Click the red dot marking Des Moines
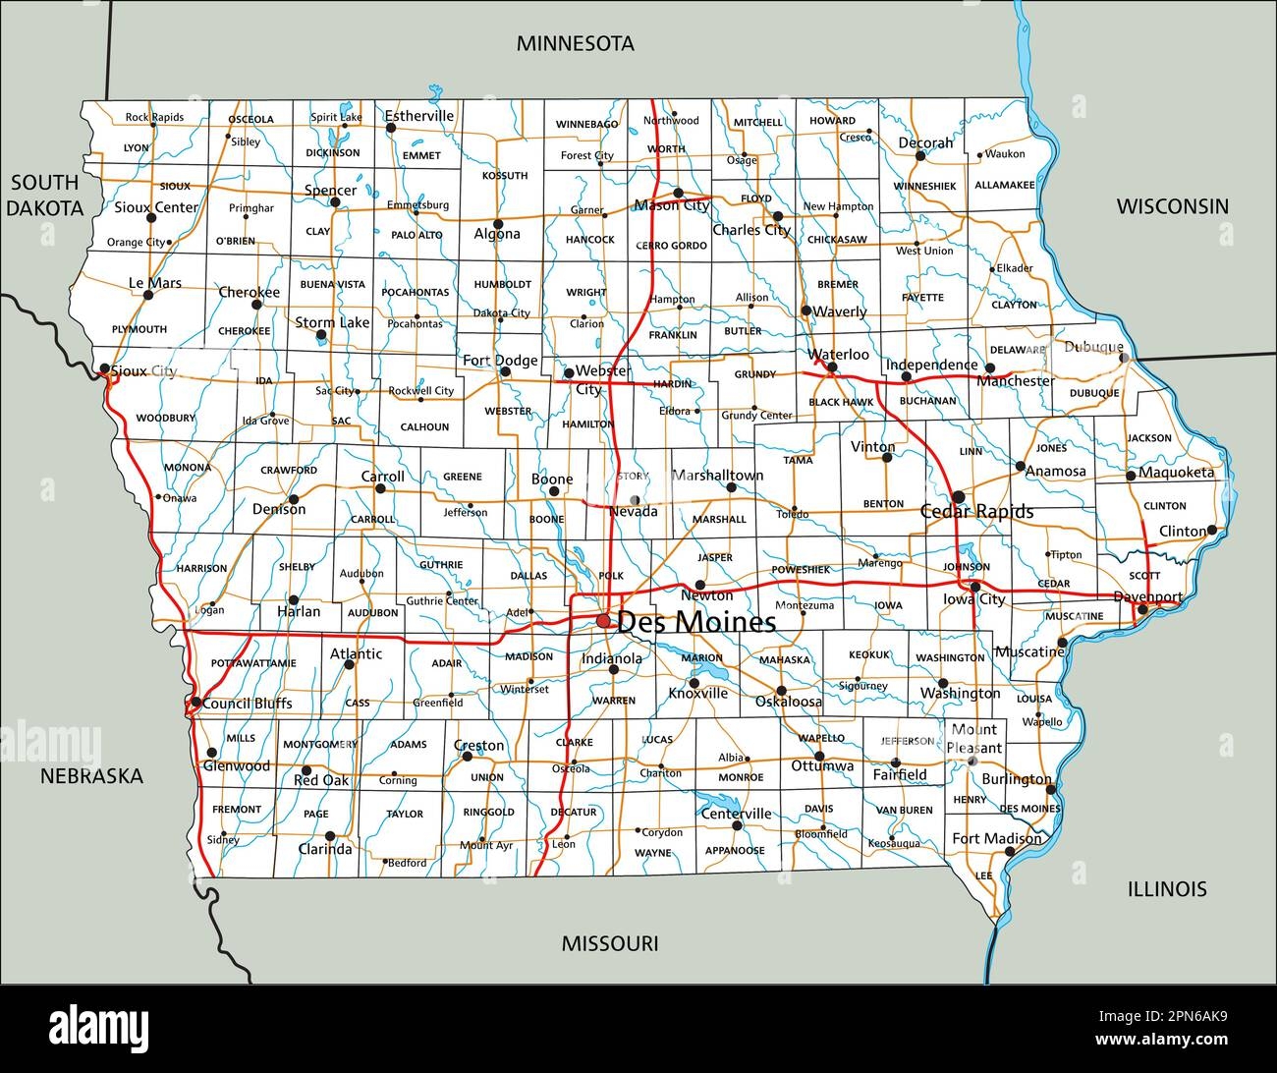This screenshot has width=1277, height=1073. [x=603, y=621]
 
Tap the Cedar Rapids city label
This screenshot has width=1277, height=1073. [x=976, y=512]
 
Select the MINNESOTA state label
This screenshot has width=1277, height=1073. [x=576, y=43]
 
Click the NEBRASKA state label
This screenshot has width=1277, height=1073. [x=91, y=776]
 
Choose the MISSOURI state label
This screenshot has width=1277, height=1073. [x=609, y=944]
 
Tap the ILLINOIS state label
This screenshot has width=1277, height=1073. [x=1166, y=889]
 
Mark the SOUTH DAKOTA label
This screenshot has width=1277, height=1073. [x=45, y=195]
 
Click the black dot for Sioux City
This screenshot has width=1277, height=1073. [x=104, y=369]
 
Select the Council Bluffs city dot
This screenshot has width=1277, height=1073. [x=195, y=703]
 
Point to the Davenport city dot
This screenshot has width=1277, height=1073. [x=1141, y=610]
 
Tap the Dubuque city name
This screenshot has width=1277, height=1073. [x=1093, y=347]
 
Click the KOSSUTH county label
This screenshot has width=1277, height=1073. [x=505, y=176]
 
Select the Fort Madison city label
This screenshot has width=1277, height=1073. [x=996, y=839]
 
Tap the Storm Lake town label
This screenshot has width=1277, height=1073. [x=332, y=322]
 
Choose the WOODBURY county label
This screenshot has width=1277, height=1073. [x=166, y=418]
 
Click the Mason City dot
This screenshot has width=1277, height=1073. [x=678, y=193]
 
